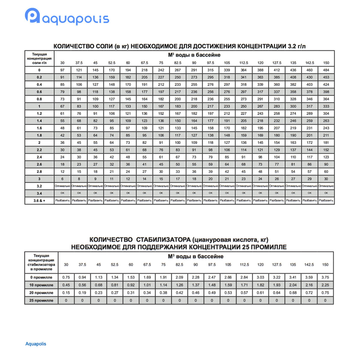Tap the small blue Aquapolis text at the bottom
(x=36, y=344)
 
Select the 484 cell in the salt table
(x=326, y=70)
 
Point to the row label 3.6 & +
(x=39, y=200)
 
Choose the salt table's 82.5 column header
(x=178, y=63)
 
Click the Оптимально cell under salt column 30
(x=62, y=186)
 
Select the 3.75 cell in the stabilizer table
(x=325, y=277)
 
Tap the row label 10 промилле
(x=41, y=285)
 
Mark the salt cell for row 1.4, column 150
(x=326, y=121)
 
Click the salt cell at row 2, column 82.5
(x=178, y=142)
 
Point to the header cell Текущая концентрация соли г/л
(x=39, y=58)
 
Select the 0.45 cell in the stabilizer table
(x=66, y=285)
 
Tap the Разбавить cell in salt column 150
(x=326, y=200)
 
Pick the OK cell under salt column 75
(x=161, y=193)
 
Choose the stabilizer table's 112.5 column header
(x=244, y=265)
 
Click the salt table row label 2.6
(x=39, y=164)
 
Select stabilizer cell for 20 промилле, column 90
(x=196, y=293)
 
